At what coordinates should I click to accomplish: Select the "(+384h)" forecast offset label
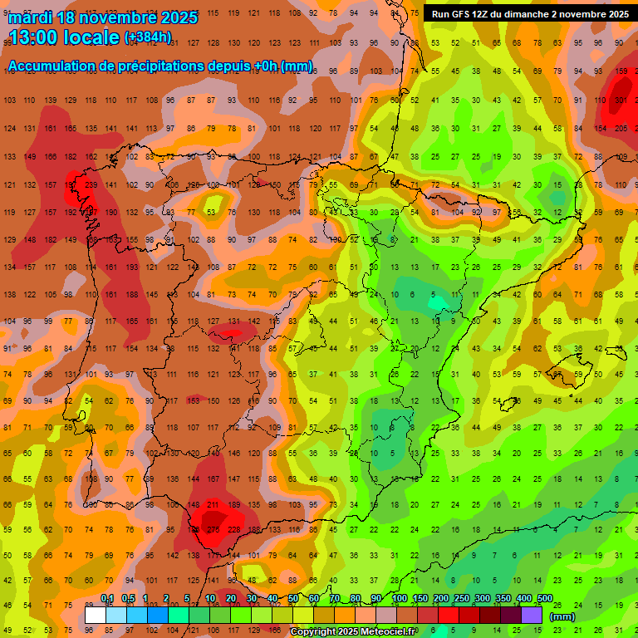(148, 37)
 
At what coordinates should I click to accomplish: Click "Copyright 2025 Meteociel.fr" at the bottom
(352, 632)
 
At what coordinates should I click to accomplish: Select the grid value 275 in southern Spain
(213, 530)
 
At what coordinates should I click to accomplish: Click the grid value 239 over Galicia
(91, 185)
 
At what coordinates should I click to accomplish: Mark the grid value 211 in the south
(213, 504)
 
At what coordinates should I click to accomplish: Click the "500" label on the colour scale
(545, 599)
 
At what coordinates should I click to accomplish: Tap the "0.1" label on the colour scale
(107, 599)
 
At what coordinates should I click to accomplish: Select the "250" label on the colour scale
(461, 599)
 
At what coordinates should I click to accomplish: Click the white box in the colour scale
(96, 615)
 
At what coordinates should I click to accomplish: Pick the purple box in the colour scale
(532, 615)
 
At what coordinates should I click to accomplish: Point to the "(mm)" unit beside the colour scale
(562, 617)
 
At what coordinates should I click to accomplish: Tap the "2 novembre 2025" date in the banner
(589, 14)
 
